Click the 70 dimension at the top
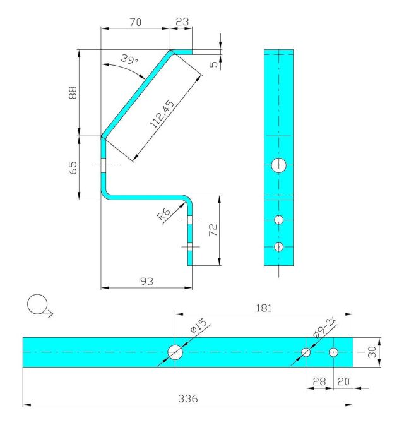pyautogui.click(x=136, y=22)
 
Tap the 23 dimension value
pyautogui.click(x=182, y=21)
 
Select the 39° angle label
pyautogui.click(x=129, y=59)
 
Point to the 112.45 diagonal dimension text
pyautogui.click(x=162, y=114)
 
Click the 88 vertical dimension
pyautogui.click(x=73, y=92)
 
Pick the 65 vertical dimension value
pyautogui.click(x=73, y=167)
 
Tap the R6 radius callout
pyautogui.click(x=163, y=214)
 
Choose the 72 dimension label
pyautogui.click(x=213, y=230)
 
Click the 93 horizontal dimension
pyautogui.click(x=146, y=282)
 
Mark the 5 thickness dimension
pyautogui.click(x=214, y=64)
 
